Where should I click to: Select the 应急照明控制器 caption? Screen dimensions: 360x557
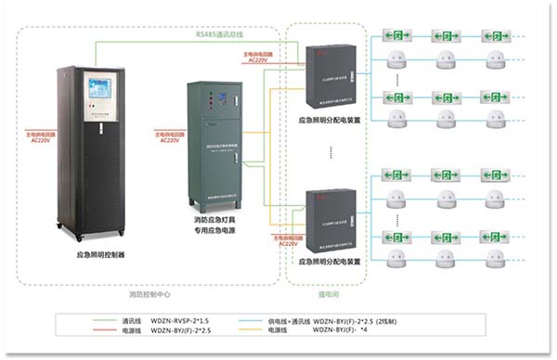coord(99,252)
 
